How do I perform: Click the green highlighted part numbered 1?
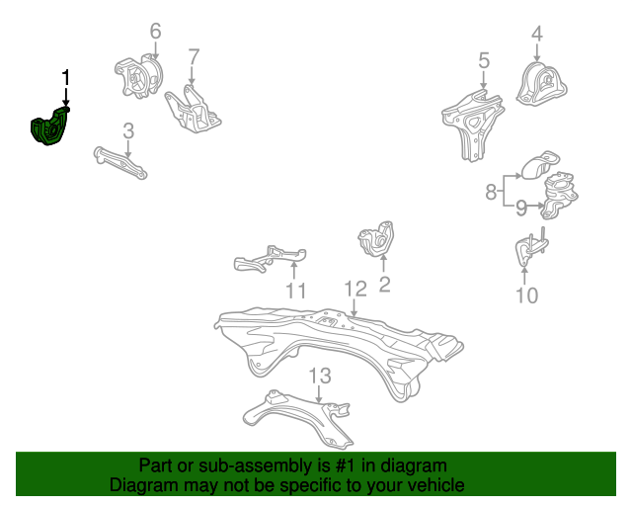coord(48,129)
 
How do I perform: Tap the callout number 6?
coord(155,32)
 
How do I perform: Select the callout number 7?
coord(194,57)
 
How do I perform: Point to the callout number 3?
coord(128,130)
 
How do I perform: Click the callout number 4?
coord(537,35)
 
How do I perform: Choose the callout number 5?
coord(484,61)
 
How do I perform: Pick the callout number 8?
coord(491,193)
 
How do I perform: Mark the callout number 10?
coord(527,295)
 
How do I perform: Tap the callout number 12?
coord(355,289)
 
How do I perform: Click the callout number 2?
coord(384,285)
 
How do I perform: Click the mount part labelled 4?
coord(542,83)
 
